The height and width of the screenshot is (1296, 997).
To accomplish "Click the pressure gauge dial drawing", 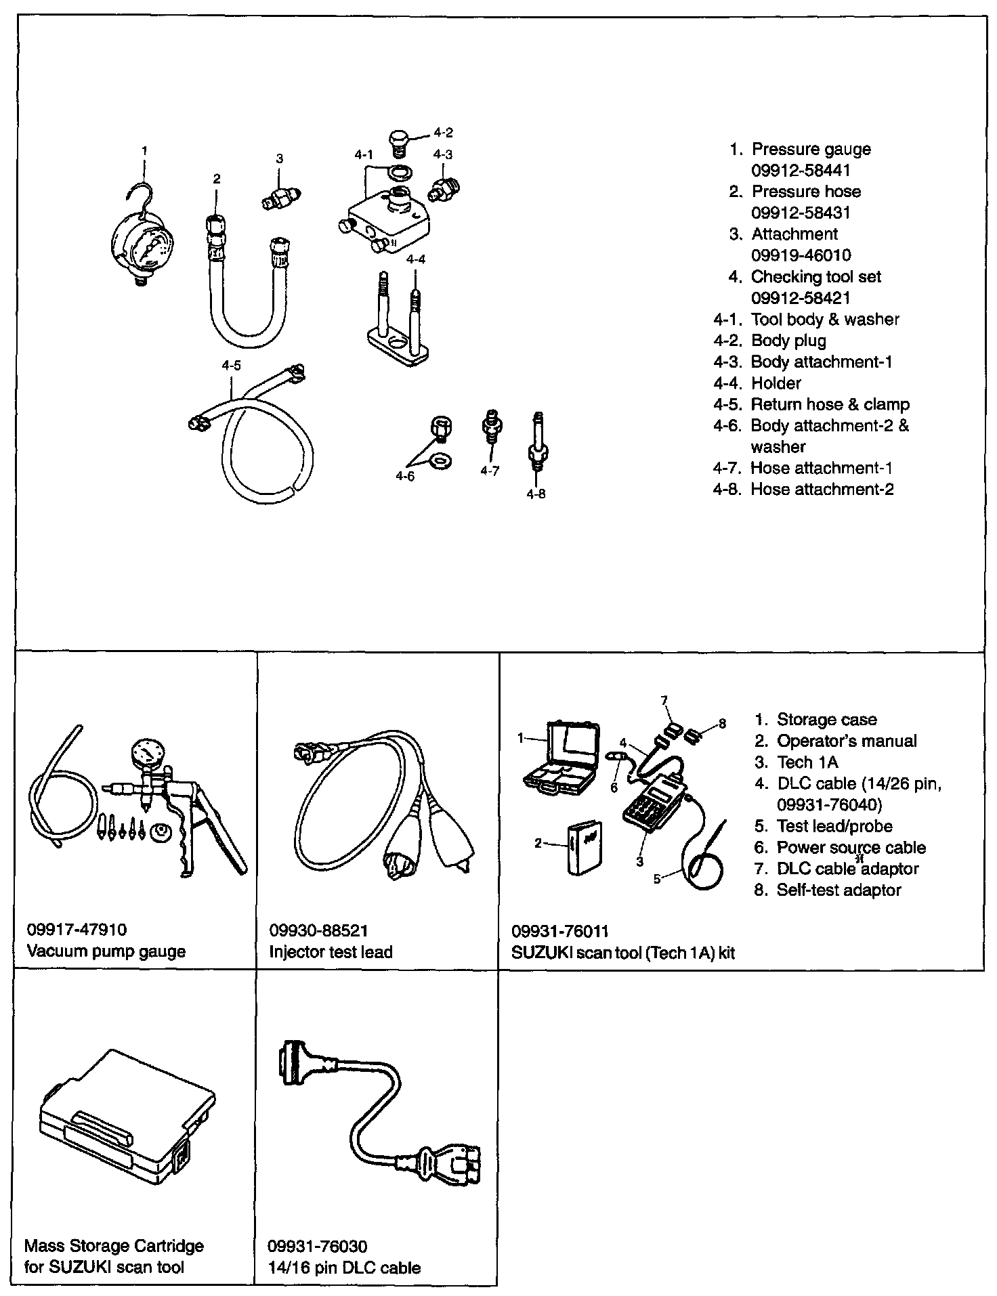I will [142, 244].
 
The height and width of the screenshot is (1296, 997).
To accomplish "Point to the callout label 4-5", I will [231, 366].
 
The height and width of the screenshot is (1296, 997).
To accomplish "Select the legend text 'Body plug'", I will [788, 341].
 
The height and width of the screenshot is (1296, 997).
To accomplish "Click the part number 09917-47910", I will [77, 930].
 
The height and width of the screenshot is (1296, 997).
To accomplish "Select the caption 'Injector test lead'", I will [331, 951].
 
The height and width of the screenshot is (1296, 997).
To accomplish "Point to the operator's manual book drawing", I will [584, 848].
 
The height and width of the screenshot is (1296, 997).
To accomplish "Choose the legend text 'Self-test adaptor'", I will [839, 890].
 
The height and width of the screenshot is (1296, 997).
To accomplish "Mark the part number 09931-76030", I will [318, 1246].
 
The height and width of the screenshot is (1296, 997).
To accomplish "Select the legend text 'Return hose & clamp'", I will [830, 404].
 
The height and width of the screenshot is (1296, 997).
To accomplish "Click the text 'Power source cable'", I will [851, 847].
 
